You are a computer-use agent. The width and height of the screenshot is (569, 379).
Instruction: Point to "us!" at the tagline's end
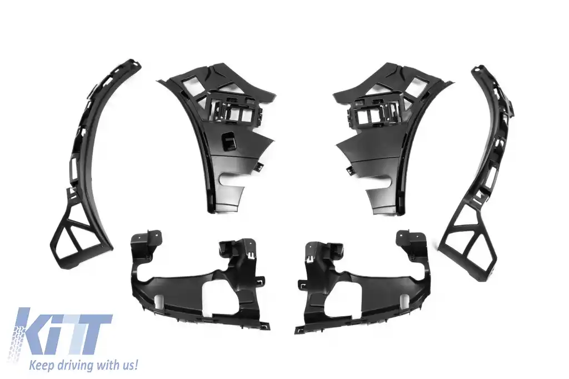(128, 365)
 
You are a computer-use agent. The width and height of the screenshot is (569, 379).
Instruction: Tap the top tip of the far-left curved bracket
(133, 63)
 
